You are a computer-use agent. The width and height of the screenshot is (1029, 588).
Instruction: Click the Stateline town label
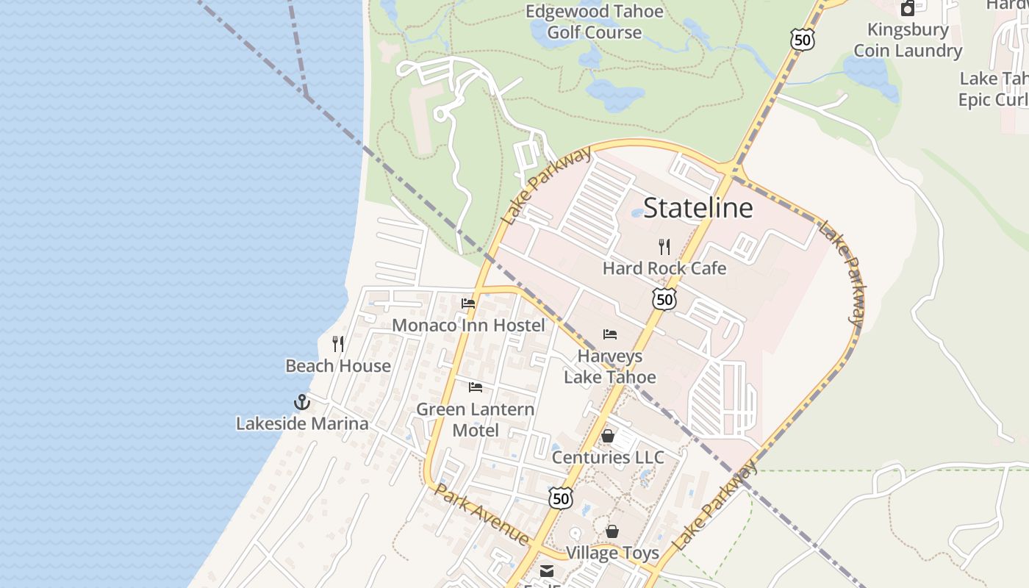click(x=698, y=208)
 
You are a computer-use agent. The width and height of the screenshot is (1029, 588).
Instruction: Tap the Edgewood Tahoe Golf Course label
click(x=594, y=22)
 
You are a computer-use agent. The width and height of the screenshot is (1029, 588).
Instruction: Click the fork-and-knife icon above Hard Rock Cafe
click(x=664, y=246)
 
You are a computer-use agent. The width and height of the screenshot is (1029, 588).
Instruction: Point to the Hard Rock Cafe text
click(x=664, y=268)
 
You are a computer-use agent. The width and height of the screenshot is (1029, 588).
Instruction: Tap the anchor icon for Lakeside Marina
click(x=301, y=402)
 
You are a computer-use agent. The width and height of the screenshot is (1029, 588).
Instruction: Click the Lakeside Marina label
click(x=302, y=423)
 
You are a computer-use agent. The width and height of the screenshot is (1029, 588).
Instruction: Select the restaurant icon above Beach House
click(x=338, y=343)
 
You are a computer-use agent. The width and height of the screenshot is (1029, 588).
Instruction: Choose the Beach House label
click(x=338, y=365)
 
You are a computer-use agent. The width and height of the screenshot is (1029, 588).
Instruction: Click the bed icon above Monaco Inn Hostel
click(x=468, y=304)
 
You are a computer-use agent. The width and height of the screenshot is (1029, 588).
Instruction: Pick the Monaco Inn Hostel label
click(x=468, y=325)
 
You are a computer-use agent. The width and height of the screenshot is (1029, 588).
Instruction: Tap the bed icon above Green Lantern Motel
click(x=476, y=387)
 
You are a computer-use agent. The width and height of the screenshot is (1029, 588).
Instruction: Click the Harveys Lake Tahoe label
click(x=609, y=367)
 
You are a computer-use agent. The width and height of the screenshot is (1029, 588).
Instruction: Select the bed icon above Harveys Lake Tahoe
click(x=609, y=334)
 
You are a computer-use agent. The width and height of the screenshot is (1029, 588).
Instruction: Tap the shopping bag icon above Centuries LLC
click(x=608, y=436)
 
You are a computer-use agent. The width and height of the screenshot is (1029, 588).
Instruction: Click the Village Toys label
click(x=612, y=553)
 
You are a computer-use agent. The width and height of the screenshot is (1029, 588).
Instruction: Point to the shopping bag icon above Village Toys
click(x=612, y=531)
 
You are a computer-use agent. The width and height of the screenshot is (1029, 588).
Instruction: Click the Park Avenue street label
click(x=481, y=514)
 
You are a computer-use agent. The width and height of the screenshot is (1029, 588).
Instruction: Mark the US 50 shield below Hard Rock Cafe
click(x=664, y=299)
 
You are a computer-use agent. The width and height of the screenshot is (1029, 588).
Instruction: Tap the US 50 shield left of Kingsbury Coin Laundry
click(x=803, y=40)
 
